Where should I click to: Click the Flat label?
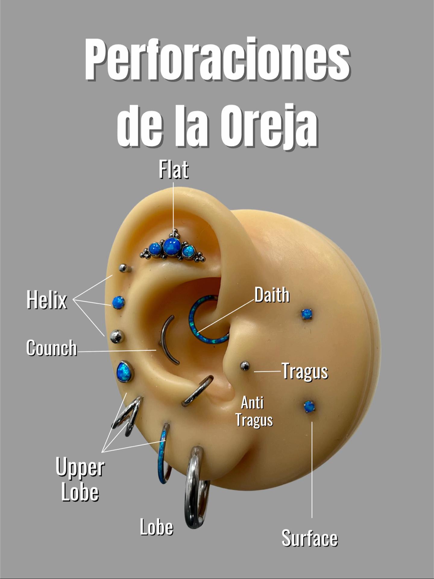[174, 170]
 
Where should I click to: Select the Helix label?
[47, 300]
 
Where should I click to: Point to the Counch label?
[52, 348]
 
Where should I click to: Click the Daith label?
[272, 295]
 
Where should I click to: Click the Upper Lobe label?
[80, 479]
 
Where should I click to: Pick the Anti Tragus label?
[254, 411]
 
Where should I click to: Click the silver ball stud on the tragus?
[245, 366]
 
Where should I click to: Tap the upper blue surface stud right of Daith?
[306, 314]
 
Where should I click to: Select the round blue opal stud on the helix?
[118, 302]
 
